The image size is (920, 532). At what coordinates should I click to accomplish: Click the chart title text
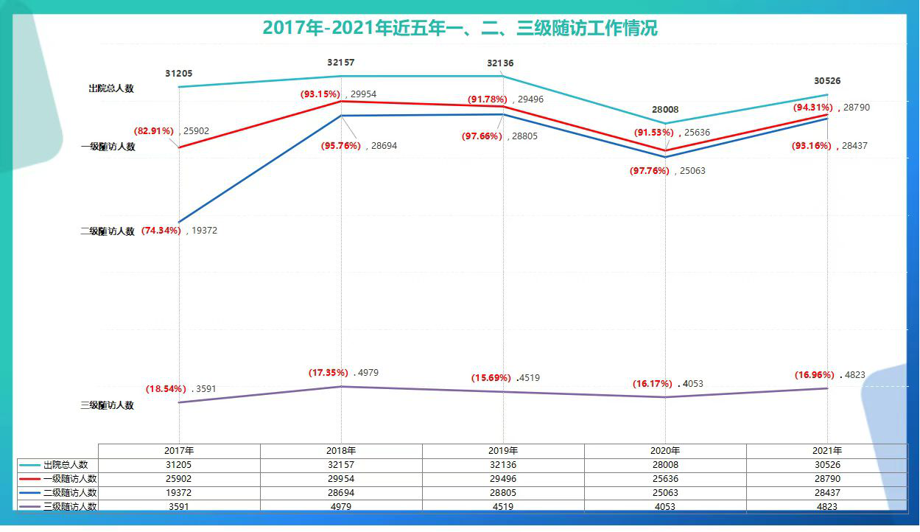460,29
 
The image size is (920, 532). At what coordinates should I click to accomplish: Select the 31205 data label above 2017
180,74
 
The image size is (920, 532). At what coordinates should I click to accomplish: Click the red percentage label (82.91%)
153,131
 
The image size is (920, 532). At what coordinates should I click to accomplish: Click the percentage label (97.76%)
649,171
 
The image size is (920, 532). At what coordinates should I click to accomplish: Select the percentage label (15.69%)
491,378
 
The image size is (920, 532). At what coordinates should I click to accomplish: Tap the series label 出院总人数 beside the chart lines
111,88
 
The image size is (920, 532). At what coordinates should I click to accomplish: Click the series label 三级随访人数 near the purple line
108,405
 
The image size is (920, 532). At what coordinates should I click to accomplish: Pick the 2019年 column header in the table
503,451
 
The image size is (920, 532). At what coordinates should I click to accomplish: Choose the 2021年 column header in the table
827,451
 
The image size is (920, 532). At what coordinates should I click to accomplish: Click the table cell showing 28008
665,465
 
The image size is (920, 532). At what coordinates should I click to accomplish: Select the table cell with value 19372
179,492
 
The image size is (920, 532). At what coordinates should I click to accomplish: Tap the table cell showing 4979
341,506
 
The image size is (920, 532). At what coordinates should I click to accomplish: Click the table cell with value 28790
827,479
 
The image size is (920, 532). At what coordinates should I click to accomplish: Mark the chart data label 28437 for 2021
855,146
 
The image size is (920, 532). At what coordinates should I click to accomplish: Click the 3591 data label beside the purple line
205,388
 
